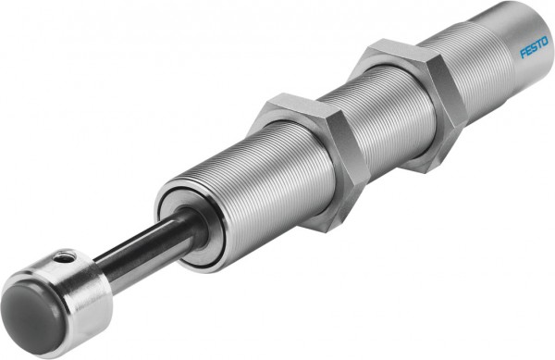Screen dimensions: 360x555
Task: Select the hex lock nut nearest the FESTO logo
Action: point(407,102)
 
